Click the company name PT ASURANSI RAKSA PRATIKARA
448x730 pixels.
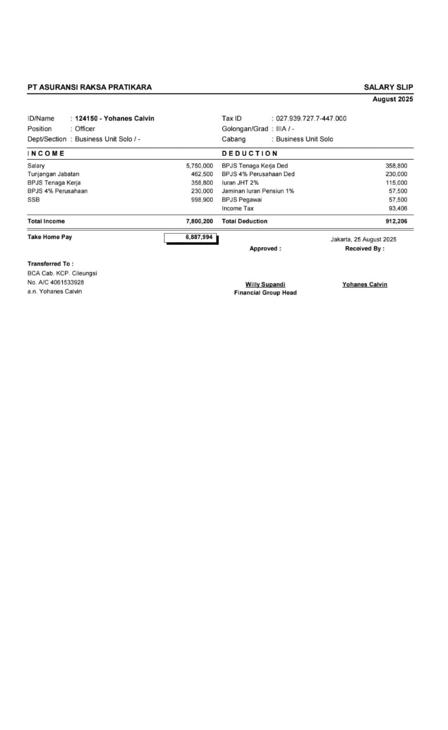pos(89,87)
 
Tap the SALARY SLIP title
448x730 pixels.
pos(388,87)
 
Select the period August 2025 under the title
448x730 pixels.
pos(393,99)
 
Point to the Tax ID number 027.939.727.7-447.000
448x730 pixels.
pos(311,119)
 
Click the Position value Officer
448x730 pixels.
pos(85,129)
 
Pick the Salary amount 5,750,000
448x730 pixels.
pos(199,166)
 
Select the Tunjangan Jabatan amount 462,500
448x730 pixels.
pos(202,174)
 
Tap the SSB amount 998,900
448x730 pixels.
pos(202,200)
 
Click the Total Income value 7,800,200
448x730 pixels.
pos(199,221)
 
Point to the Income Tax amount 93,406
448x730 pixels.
pos(398,208)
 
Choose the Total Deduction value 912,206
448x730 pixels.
pos(396,221)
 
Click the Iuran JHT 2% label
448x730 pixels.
pos(240,182)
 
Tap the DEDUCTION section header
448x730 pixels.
pos(250,153)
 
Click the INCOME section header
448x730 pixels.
pos(46,153)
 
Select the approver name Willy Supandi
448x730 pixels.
pos(265,284)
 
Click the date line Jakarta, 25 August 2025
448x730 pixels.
pos(363,240)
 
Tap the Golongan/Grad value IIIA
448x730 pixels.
pos(283,129)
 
